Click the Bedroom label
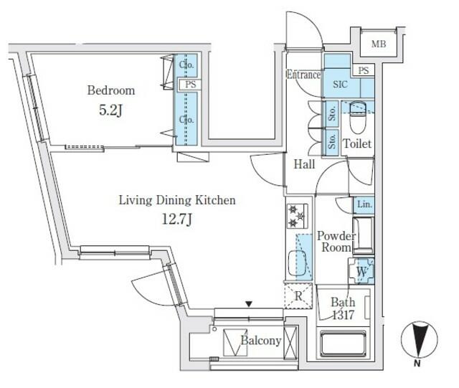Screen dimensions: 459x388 pyautogui.click(x=111, y=90)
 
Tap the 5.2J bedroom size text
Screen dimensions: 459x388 pyautogui.click(x=110, y=110)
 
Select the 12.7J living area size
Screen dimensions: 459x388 pyautogui.click(x=177, y=219)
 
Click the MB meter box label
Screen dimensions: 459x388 pyautogui.click(x=379, y=44)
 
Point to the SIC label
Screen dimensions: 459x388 pyautogui.click(x=340, y=85)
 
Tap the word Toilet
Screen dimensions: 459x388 pyautogui.click(x=357, y=143)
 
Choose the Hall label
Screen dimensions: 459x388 pyautogui.click(x=304, y=164)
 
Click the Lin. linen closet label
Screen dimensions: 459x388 pyautogui.click(x=364, y=204)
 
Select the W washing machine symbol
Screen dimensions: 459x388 pyautogui.click(x=361, y=271)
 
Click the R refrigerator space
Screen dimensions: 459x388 pyautogui.click(x=298, y=295)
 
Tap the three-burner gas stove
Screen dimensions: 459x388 pyautogui.click(x=297, y=216)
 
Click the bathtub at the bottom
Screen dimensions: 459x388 pyautogui.click(x=344, y=344)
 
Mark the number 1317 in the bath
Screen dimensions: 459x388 pyautogui.click(x=343, y=315)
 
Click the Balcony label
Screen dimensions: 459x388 pyautogui.click(x=261, y=341)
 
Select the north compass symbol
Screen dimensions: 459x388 pyautogui.click(x=419, y=340)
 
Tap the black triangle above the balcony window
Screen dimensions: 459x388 pyautogui.click(x=249, y=305)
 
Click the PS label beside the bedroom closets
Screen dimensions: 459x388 pyautogui.click(x=190, y=85)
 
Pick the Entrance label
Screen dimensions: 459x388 pyautogui.click(x=303, y=75)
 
